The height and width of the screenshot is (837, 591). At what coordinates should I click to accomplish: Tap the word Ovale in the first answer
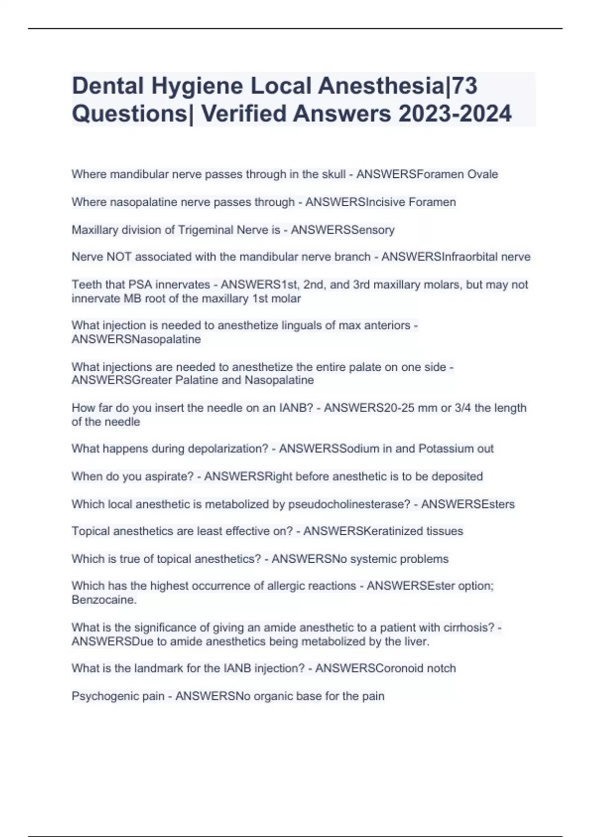point(483,174)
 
